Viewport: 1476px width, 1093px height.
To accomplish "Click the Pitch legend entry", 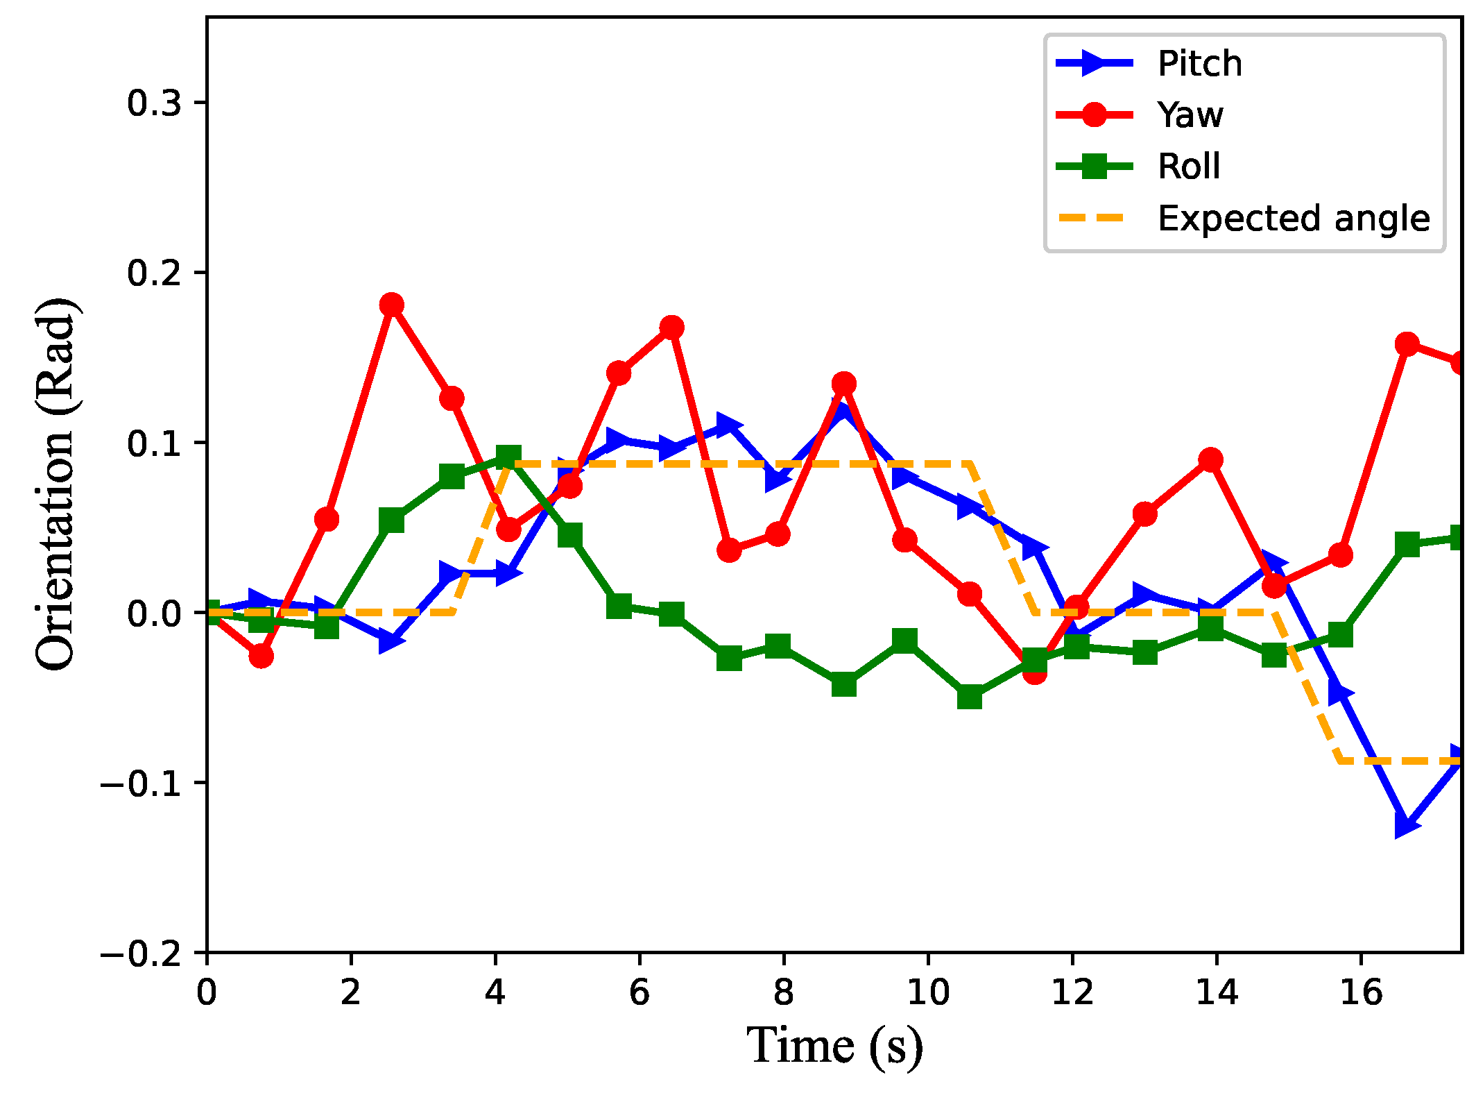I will (x=1199, y=64).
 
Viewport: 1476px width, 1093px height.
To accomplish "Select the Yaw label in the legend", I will (x=1190, y=115).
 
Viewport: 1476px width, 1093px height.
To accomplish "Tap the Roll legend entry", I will (x=1188, y=167).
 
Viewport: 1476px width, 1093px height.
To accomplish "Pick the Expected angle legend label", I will (x=1294, y=219).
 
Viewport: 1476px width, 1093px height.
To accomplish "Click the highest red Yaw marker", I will (x=392, y=305).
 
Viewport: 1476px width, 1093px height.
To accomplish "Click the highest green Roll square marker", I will (x=508, y=457).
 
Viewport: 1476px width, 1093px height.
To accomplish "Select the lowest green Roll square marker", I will (x=970, y=696).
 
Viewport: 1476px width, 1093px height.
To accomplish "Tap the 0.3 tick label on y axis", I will (x=153, y=103).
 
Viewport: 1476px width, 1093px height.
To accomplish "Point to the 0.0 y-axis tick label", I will (x=153, y=613).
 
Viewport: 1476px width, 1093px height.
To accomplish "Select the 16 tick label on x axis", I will (x=1361, y=992).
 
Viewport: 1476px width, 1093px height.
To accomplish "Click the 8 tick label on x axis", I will (x=783, y=992).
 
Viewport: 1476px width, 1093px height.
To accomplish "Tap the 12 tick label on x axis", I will (x=1072, y=992).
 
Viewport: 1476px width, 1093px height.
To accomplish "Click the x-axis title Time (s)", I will (x=834, y=1046).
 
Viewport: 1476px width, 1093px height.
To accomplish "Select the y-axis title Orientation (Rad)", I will (x=55, y=484).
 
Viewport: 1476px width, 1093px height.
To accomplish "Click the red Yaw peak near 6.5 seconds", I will (x=671, y=328).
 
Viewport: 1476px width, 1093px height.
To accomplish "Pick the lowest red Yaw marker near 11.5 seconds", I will (x=1034, y=672).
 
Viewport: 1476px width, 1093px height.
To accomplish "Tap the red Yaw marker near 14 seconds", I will (x=1210, y=459).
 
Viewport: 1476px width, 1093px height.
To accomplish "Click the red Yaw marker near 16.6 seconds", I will (x=1406, y=344).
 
